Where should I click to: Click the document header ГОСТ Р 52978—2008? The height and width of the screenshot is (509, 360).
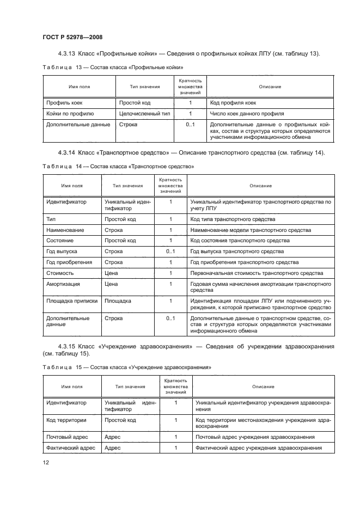[x=72, y=37]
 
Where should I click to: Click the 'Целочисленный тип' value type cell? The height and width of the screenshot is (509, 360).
[x=144, y=114]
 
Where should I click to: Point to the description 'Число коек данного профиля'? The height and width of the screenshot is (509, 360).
[x=246, y=114]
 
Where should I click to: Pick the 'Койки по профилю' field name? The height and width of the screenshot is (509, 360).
[x=70, y=114]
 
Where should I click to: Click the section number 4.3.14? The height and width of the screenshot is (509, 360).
[x=68, y=152]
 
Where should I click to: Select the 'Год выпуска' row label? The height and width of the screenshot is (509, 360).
[x=62, y=252]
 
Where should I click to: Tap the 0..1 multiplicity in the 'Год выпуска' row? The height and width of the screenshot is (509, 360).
[x=170, y=252]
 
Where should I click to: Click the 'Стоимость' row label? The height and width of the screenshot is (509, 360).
[x=60, y=273]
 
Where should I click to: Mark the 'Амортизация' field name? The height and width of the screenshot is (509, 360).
[x=63, y=284]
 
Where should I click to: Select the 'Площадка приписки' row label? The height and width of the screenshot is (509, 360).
[x=71, y=301]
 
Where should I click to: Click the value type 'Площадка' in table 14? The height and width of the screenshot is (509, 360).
[x=118, y=301]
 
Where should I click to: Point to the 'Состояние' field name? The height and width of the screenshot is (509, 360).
[x=60, y=241]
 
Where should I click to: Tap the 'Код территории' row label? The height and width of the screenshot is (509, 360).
[x=67, y=421]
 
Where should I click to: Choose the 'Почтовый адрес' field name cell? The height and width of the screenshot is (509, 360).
[x=68, y=437]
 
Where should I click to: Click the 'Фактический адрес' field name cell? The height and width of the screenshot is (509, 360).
[x=71, y=448]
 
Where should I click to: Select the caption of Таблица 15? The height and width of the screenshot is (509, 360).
[x=126, y=367]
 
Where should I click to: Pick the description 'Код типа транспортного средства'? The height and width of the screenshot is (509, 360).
[x=233, y=219]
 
